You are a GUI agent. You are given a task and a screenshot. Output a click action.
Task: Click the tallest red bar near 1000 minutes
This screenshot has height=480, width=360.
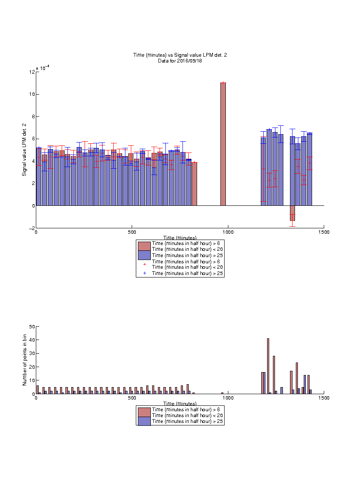(223, 144)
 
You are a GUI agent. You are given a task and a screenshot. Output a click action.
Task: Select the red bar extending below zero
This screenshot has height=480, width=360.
(292, 213)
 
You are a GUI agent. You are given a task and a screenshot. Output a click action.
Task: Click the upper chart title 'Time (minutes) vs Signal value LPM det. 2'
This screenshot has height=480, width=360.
(180, 55)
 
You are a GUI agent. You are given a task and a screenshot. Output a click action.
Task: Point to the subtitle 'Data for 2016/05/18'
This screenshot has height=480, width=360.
(180, 61)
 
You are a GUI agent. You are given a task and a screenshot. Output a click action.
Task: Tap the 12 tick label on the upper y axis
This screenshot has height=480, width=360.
(32, 72)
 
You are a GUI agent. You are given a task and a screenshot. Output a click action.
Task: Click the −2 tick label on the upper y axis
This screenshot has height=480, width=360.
(32, 228)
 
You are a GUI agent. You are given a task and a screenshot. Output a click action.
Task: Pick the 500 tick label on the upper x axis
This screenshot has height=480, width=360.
(132, 232)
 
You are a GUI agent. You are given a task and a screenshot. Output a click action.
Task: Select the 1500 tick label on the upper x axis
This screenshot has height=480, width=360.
(324, 232)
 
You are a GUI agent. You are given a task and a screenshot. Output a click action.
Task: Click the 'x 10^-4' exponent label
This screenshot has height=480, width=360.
(43, 68)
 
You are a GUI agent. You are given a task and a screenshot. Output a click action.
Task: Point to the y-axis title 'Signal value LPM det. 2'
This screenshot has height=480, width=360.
(24, 150)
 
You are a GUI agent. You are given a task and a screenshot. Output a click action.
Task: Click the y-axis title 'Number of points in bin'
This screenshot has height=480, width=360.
(25, 360)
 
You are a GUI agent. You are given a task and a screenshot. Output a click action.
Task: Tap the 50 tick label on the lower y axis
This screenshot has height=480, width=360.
(32, 327)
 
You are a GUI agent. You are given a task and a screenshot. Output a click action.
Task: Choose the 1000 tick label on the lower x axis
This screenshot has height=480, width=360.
(228, 398)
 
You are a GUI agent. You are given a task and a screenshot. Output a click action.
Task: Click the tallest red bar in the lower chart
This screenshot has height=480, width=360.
(268, 366)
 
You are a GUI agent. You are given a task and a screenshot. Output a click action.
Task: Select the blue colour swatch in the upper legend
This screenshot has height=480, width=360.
(145, 255)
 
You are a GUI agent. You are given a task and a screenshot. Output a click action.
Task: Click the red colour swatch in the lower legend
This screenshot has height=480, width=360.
(145, 412)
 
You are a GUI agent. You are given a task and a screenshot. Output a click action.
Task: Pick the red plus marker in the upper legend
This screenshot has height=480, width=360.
(145, 264)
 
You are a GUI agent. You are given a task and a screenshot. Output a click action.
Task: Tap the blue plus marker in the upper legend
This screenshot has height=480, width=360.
(145, 273)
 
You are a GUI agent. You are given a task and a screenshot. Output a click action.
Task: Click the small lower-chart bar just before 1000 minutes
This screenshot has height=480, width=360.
(222, 393)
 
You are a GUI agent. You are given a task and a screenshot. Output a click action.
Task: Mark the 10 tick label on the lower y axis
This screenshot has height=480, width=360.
(32, 380)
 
